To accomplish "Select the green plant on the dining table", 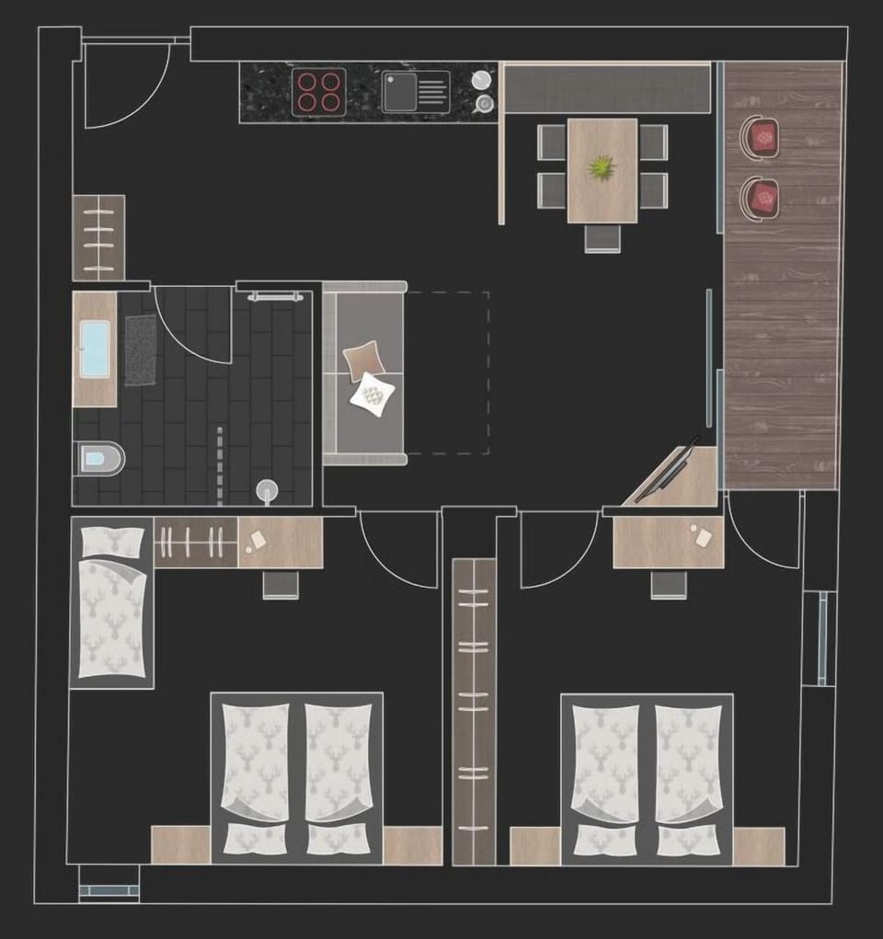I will point(602,168).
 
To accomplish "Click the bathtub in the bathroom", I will point(94,349).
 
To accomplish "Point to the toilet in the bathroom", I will point(99,458).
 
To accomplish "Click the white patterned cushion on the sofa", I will point(374,395).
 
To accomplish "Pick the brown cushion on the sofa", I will point(363,360).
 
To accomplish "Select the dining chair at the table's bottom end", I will point(602,237).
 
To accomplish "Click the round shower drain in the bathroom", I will point(267,489).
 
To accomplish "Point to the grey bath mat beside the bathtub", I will point(140,349).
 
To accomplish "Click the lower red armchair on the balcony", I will point(762,198).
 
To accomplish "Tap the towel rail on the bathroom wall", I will point(275,296).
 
